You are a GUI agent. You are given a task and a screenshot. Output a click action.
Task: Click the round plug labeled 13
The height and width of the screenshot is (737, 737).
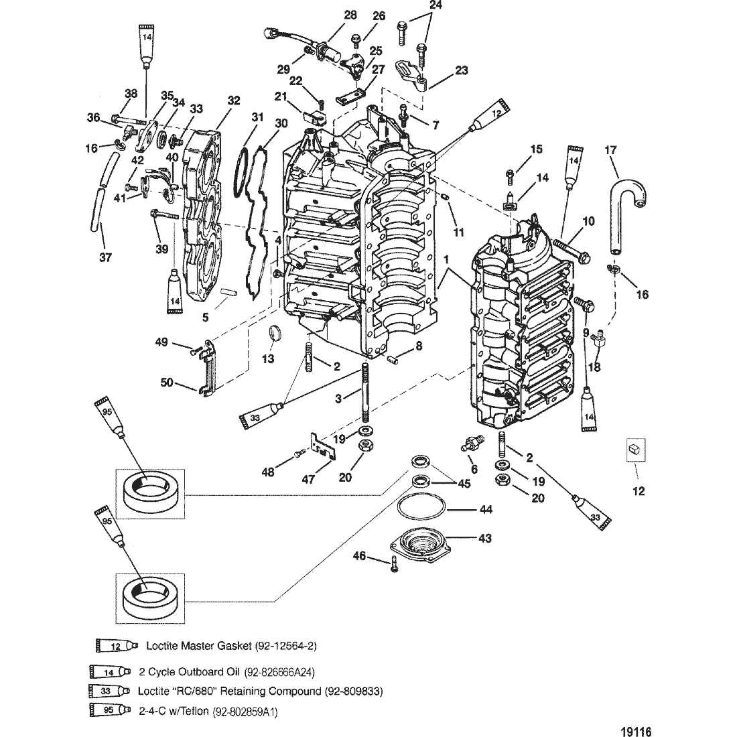(275, 332)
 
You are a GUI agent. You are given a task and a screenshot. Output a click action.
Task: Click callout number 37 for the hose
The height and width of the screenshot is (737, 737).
(105, 258)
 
